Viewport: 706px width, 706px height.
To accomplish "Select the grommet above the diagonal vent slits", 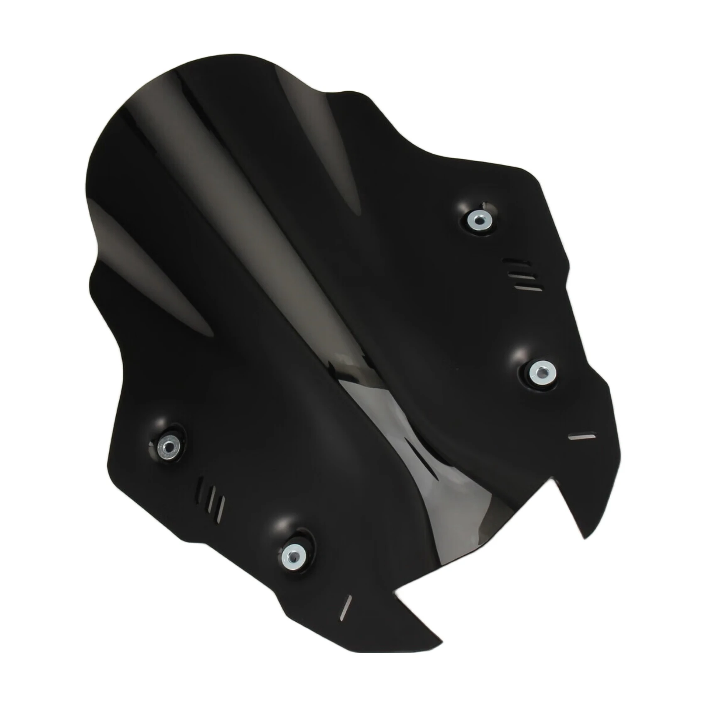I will coord(169,446).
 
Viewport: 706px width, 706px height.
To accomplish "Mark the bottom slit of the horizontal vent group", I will coord(528,287).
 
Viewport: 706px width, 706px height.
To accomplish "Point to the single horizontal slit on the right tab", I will coord(582,436).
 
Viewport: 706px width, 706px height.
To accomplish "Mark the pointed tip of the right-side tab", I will coord(585,538).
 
